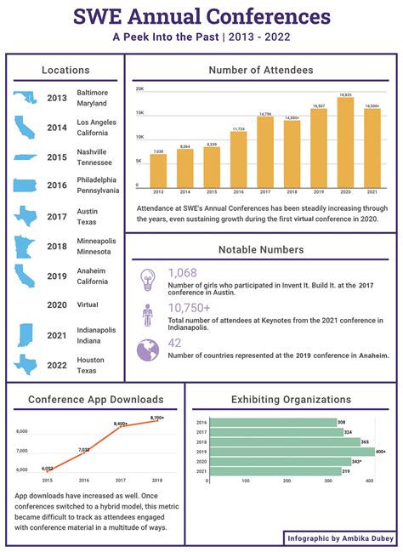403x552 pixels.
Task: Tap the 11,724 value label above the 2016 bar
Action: click(238, 128)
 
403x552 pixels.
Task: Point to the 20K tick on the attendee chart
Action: click(139, 88)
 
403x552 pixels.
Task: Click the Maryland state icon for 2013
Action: click(25, 98)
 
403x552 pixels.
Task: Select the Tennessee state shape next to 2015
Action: click(26, 157)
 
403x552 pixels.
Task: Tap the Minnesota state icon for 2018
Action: click(25, 246)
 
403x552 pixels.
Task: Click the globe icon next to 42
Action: click(148, 349)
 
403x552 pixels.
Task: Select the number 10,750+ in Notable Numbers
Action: click(189, 308)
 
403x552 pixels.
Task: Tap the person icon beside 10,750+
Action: click(148, 315)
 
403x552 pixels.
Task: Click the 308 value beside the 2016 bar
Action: click(341, 423)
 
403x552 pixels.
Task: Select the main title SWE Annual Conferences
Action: click(201, 16)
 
